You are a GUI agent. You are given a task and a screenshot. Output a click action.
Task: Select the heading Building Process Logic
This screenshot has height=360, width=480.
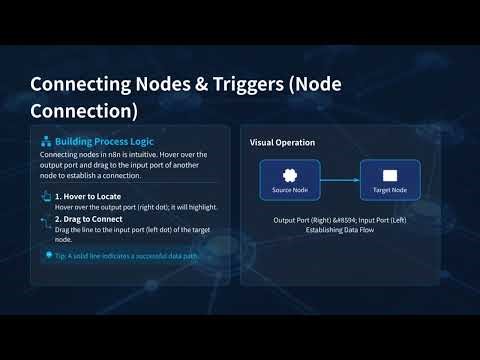tap(101, 142)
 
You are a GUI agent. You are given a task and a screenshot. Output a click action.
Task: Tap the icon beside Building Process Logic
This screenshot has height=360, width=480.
tap(46, 142)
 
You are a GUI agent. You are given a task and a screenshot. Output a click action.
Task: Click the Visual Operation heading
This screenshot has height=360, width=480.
tap(282, 142)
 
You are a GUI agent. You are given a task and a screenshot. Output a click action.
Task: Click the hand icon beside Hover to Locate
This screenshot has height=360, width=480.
tap(45, 196)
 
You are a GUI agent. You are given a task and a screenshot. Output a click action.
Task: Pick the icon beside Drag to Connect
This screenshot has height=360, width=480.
tap(45, 218)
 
